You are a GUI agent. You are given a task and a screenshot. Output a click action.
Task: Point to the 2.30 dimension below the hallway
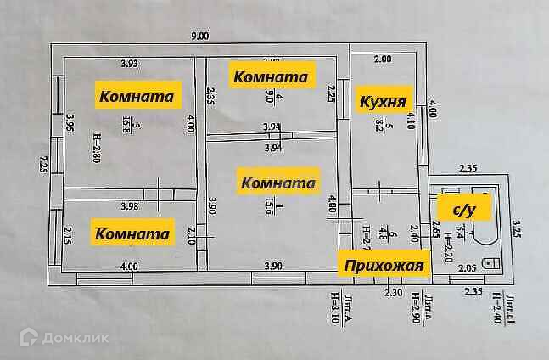point(392,292)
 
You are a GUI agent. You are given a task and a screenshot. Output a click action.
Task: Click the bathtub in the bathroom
point(474,217)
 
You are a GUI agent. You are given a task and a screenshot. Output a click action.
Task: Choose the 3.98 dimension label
point(129,205)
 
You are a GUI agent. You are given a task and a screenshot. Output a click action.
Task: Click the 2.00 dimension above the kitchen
point(383,59)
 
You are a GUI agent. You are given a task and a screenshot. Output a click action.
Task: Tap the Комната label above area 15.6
point(278,183)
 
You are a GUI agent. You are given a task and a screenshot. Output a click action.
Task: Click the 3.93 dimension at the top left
point(129,64)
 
